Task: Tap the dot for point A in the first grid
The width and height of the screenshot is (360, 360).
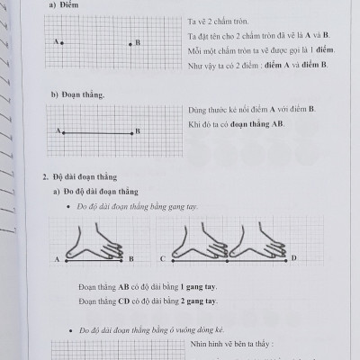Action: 60,41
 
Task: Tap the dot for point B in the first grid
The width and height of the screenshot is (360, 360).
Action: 130,41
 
